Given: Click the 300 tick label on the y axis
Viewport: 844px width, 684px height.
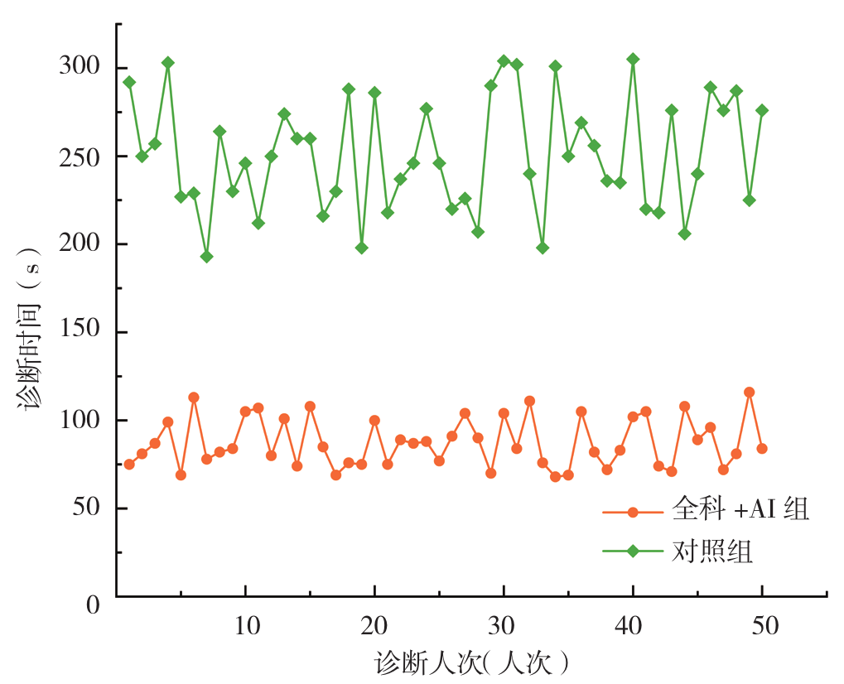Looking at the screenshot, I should pos(80,68).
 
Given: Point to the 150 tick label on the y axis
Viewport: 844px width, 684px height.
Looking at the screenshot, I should pos(80,332).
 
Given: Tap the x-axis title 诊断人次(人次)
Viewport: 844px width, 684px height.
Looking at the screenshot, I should pos(472,663).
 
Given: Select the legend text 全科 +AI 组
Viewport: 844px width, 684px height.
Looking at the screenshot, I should pos(740,511).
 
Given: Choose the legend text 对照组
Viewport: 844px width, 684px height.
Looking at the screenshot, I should pos(712,552).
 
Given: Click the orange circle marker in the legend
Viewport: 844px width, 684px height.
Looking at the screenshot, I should pos(634,512).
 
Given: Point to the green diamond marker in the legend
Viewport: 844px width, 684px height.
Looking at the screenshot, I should pos(634,552).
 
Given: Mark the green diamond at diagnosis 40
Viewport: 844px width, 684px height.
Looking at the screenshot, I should pos(633,59).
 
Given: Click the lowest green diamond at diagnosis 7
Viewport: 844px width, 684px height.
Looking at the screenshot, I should pos(206,257).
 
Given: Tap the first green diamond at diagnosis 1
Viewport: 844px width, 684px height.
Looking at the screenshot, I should pos(129,82).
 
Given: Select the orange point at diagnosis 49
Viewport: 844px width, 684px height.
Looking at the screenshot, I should pos(749,393).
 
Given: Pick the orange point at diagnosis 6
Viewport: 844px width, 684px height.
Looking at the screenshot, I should pos(194,397).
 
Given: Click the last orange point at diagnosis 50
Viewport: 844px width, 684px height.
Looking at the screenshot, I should pos(762,449).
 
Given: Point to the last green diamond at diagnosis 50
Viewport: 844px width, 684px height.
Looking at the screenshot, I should pos(762,110).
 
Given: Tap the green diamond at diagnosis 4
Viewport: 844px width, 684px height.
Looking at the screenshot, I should pos(168,63).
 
